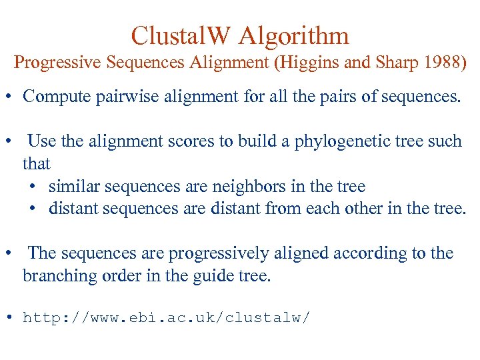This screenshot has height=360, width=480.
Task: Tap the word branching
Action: coord(55,275)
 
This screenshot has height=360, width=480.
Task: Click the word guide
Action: coord(220,275)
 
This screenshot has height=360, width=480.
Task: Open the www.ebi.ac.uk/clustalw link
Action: coord(166,317)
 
